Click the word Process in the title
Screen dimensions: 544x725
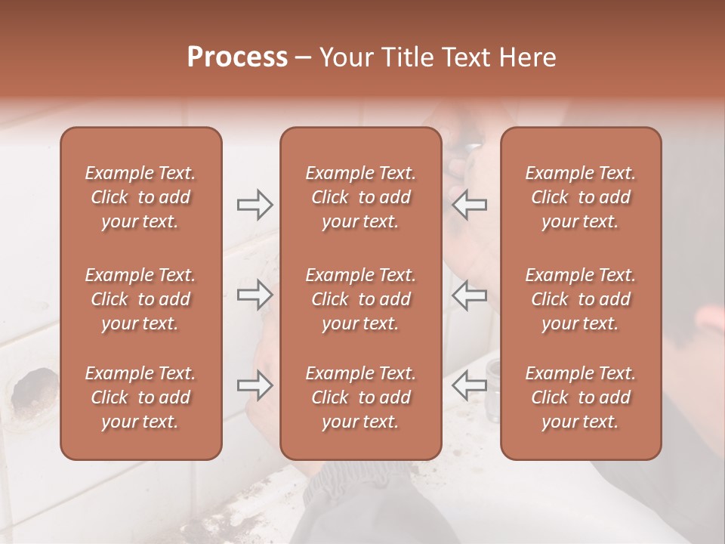point(237,57)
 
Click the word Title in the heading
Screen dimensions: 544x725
point(403,57)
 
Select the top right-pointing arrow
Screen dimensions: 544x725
point(255,204)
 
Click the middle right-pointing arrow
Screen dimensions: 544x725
point(255,295)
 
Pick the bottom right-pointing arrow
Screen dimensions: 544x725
point(255,385)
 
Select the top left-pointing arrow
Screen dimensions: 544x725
point(469,204)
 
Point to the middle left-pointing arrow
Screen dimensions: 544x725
point(469,295)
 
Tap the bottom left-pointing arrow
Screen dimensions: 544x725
point(469,385)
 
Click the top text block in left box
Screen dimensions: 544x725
point(140,197)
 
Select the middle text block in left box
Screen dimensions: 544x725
point(140,299)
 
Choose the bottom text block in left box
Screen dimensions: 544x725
point(140,397)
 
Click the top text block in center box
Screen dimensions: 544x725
point(360,197)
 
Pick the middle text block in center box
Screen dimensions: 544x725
point(360,299)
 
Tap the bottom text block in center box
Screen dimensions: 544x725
point(360,397)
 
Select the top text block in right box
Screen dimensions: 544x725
point(580,197)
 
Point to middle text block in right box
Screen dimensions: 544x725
point(580,299)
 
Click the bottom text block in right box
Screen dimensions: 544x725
point(580,397)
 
